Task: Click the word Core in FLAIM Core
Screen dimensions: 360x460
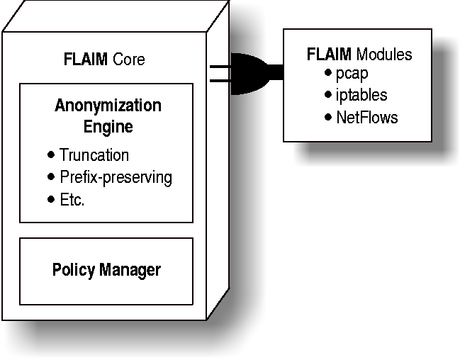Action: tap(128, 59)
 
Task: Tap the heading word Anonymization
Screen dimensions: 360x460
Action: tap(108, 106)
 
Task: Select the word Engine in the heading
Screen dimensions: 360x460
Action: tap(108, 128)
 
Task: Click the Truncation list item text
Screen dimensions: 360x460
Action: tap(94, 154)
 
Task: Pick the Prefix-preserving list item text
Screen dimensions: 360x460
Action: tap(116, 176)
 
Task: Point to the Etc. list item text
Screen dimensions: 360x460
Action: tap(72, 199)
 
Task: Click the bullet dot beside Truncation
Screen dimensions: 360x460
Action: tap(50, 154)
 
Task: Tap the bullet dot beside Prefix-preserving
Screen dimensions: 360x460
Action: tap(50, 176)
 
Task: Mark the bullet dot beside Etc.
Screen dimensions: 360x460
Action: tap(50, 199)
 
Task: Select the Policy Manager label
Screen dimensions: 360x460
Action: tap(106, 270)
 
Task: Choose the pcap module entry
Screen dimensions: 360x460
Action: tap(352, 74)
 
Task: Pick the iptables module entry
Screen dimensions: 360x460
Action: tap(361, 95)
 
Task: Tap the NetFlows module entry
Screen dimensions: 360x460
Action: tap(367, 117)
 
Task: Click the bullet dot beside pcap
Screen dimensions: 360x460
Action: tap(327, 74)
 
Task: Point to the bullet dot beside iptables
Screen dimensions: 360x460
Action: tap(327, 94)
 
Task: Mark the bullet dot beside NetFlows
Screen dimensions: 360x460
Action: tap(327, 116)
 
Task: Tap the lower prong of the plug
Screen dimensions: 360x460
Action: tap(221, 81)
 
